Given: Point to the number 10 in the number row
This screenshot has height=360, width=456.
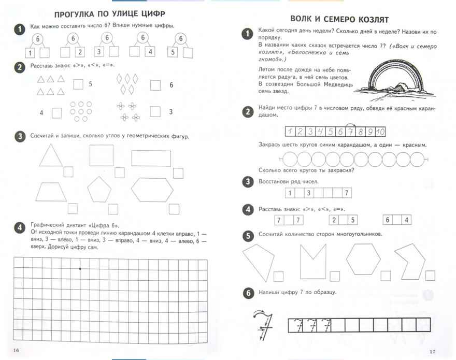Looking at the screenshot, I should [380, 131].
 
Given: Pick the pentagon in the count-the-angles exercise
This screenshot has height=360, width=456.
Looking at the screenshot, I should [99, 189].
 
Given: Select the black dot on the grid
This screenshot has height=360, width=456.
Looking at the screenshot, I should [80, 269].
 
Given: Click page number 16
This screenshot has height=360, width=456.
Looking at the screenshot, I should [16, 351].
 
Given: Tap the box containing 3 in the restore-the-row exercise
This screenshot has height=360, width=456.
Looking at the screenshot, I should [308, 193].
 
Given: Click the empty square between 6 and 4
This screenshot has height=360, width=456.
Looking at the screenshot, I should [397, 220].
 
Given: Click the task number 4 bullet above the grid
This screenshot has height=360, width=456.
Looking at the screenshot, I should [20, 226].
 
